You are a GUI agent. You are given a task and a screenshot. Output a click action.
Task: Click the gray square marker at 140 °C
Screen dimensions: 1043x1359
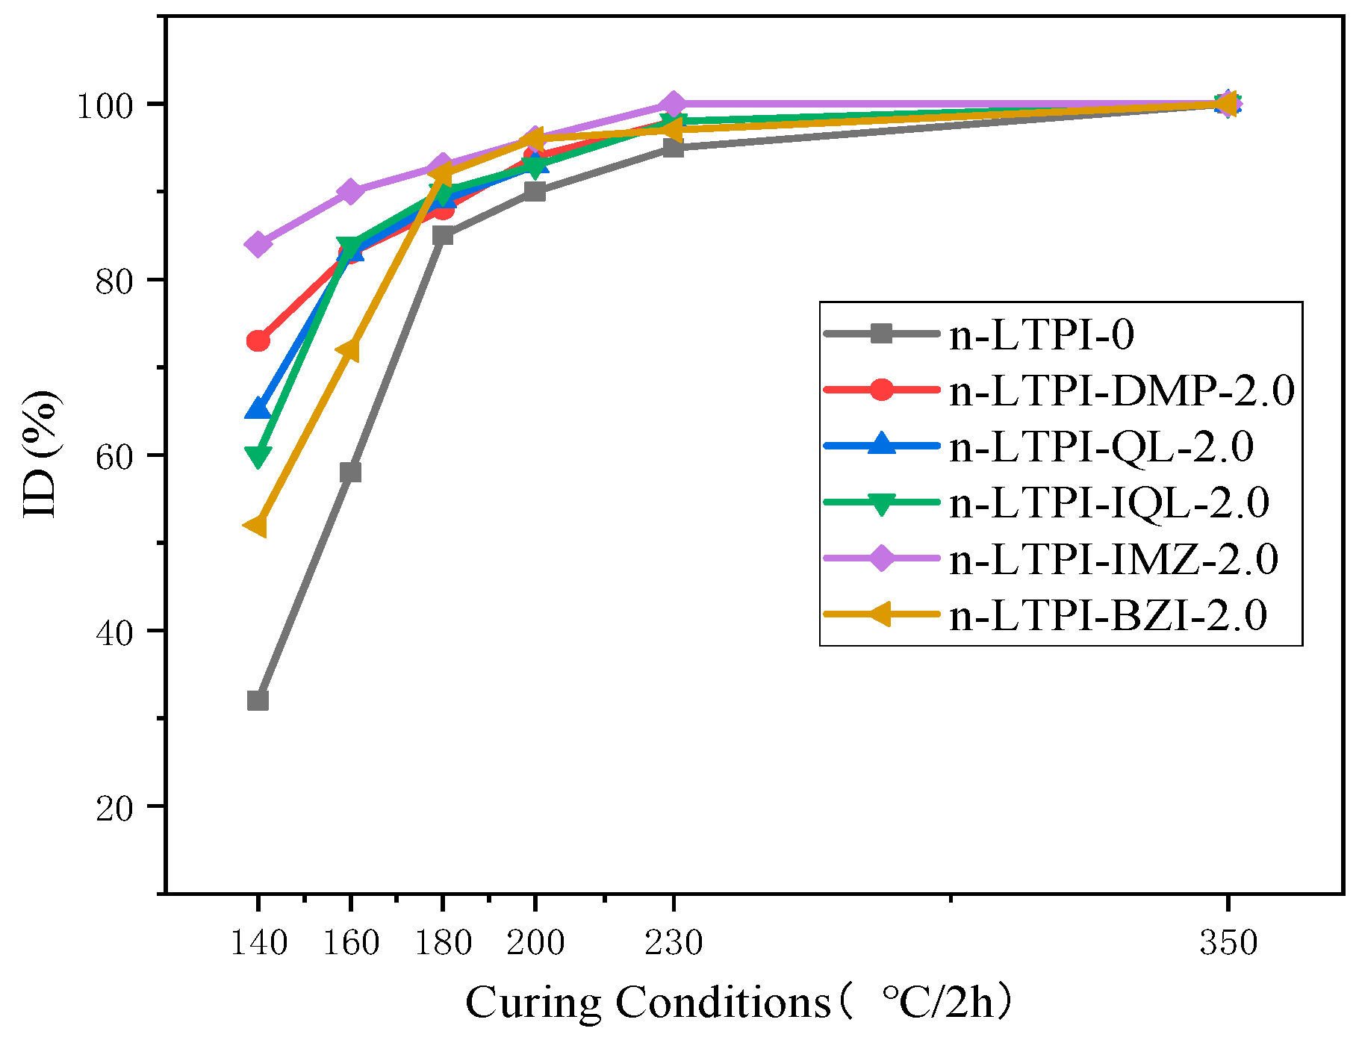[258, 700]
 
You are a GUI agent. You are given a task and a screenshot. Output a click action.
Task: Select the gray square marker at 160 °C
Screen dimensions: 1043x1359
[350, 472]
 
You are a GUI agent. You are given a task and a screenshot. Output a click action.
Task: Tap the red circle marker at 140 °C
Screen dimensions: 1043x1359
[258, 340]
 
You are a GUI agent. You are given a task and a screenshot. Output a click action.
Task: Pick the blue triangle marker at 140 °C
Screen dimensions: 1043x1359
[258, 409]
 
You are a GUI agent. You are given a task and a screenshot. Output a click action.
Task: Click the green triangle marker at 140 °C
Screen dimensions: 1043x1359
[258, 455]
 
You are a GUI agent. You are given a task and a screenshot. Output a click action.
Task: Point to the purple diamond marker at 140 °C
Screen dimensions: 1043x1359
[258, 244]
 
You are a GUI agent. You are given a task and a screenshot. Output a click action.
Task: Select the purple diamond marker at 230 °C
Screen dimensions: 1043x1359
[673, 104]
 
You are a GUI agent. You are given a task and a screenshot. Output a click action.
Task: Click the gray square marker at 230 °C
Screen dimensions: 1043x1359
[673, 148]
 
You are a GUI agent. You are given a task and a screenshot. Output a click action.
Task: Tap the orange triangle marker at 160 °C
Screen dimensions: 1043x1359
[349, 350]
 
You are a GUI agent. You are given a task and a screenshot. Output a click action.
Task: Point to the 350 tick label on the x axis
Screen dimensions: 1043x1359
[1228, 943]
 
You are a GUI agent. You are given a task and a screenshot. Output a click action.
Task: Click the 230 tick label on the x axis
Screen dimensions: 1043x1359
[674, 943]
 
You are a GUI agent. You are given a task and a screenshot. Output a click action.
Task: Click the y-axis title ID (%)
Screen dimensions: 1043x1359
[42, 454]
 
